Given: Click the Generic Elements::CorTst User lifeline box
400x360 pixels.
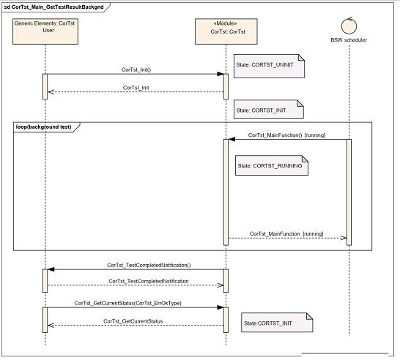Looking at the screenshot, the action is tap(45, 31).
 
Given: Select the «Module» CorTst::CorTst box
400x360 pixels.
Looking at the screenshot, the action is tap(226, 31).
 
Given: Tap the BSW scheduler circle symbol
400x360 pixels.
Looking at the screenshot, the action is tap(349, 26).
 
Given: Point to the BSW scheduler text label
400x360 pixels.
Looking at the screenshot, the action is tap(349, 40).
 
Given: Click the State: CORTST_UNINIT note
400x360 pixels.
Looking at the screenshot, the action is tap(269, 66).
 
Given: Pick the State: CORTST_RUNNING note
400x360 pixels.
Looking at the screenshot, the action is tap(272, 165).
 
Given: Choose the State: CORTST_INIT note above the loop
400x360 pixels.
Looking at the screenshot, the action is tap(269, 109).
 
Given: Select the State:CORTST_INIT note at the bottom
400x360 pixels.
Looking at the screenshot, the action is tap(277, 322).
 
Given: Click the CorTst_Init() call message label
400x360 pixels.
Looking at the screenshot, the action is tap(136, 70).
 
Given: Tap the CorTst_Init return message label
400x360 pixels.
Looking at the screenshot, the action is tap(136, 88).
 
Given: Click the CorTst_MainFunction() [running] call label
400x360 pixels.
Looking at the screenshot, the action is tap(286, 135).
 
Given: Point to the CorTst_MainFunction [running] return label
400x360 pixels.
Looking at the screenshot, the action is tap(286, 233).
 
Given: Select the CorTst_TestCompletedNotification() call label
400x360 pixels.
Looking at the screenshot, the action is tap(149, 265).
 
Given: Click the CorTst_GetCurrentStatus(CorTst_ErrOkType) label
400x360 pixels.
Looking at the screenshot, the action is tap(128, 303).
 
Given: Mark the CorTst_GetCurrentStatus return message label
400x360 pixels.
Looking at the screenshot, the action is tap(133, 321).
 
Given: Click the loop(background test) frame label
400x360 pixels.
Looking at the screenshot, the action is tap(44, 127).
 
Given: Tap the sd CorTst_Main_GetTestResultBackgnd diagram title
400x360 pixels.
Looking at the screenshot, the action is tap(53, 7).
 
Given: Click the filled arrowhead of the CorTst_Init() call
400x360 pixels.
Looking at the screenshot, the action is tap(221, 74).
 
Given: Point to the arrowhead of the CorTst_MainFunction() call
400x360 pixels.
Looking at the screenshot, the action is tap(232, 139).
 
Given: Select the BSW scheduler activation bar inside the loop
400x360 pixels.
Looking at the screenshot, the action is tap(349, 192).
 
